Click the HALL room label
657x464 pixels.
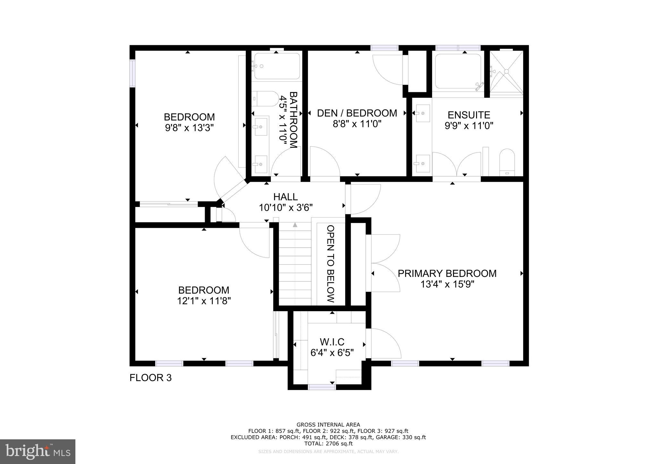(285, 196)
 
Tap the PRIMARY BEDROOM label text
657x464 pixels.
(447, 273)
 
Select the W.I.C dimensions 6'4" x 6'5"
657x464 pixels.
(332, 353)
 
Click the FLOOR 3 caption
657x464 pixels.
(150, 378)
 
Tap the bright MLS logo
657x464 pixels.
(38, 452)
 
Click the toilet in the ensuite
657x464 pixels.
(507, 162)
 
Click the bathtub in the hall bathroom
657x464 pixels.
(277, 66)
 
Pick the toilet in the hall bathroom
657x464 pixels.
(265, 99)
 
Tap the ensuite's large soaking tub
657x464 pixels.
(458, 71)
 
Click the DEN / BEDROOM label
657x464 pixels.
(357, 113)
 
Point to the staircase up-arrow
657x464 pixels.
(295, 225)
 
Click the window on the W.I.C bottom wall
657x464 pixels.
(321, 387)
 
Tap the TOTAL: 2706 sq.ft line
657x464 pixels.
(328, 443)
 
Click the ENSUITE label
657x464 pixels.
(469, 115)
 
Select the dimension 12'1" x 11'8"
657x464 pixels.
(204, 301)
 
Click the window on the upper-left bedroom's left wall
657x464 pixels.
(132, 73)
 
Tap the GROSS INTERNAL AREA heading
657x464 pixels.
(328, 425)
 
